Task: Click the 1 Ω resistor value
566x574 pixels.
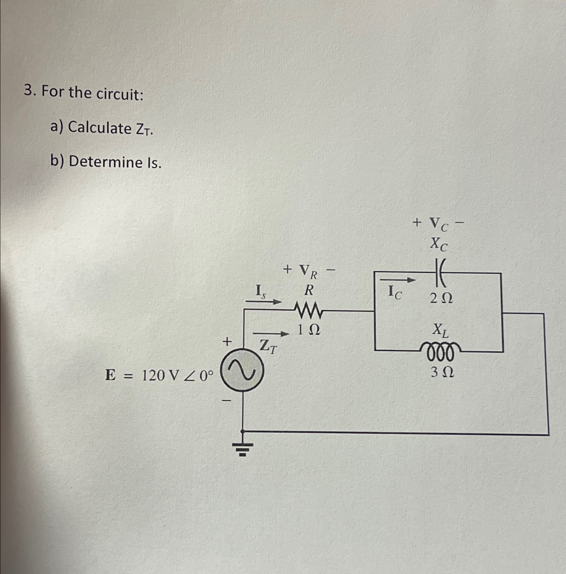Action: click(308, 330)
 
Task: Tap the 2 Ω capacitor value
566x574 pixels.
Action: click(441, 298)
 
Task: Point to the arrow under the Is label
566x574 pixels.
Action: click(263, 301)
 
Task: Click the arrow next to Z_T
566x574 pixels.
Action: click(271, 334)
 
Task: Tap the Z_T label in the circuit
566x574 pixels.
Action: click(268, 346)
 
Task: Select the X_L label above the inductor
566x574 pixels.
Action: click(440, 330)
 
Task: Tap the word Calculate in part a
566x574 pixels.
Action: click(100, 128)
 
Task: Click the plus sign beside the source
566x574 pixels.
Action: click(227, 342)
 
